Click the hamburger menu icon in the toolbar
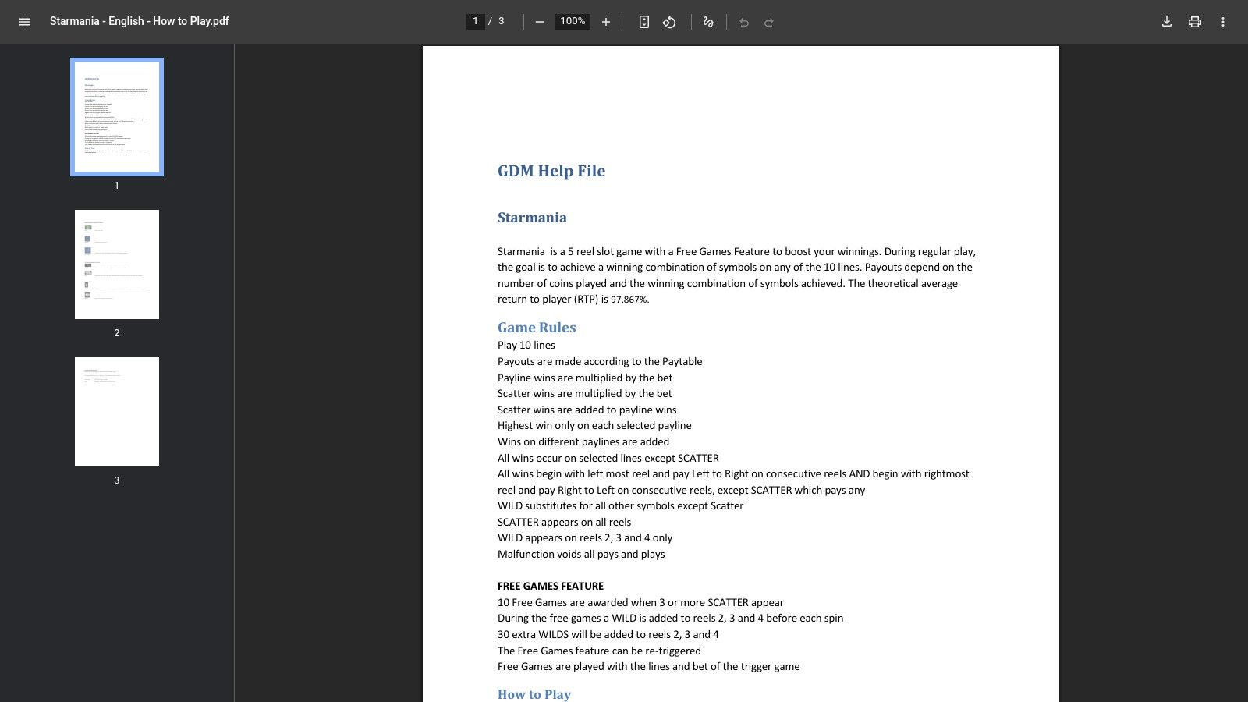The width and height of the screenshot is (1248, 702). point(25,22)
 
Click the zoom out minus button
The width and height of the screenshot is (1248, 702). point(539,22)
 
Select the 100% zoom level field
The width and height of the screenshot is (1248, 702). point(573,22)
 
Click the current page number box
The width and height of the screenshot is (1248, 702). point(475,22)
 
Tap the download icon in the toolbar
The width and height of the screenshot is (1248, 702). point(1167,22)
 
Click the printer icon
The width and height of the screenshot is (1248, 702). point(1195,22)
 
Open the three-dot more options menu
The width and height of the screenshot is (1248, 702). point(1223,22)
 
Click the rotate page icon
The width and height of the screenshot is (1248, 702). point(669,22)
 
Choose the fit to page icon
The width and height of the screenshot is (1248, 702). point(643,22)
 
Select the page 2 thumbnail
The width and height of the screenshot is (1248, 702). point(117,264)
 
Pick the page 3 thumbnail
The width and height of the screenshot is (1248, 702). point(117,412)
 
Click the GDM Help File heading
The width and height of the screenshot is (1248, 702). point(551,171)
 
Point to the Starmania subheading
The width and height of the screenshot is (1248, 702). point(532,218)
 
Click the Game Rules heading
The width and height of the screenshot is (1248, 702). point(537,328)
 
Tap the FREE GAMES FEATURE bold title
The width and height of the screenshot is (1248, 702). point(551,586)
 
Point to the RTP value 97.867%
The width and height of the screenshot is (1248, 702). point(629,300)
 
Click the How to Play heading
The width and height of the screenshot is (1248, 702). point(534,694)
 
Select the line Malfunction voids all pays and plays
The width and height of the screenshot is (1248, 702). point(581,554)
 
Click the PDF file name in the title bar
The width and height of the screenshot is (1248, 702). point(140,21)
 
